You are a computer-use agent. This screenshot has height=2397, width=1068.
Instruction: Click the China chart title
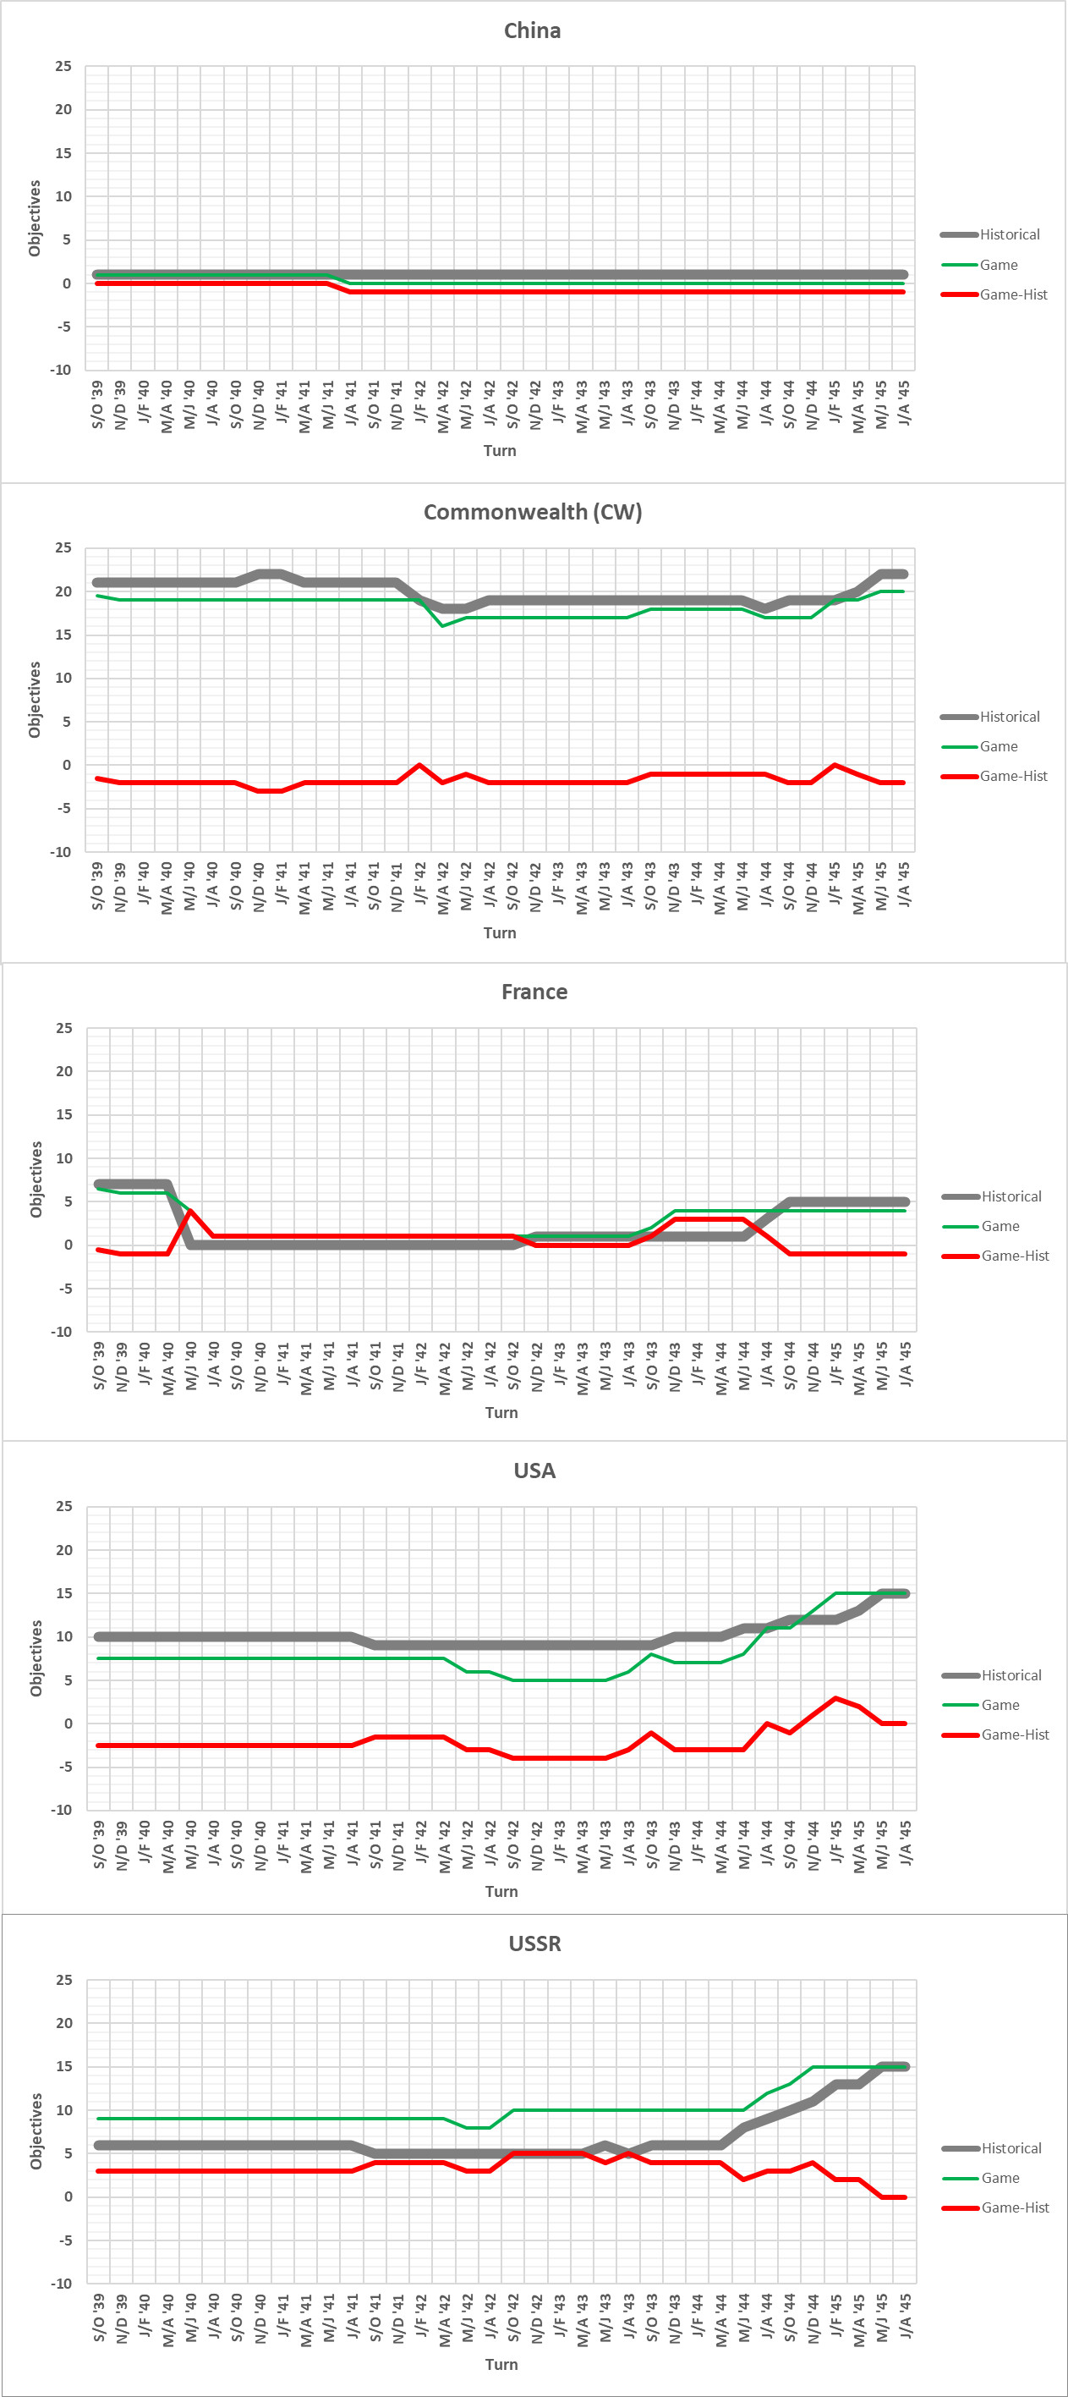(x=532, y=30)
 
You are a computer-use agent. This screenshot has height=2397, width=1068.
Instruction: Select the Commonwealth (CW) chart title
(x=532, y=512)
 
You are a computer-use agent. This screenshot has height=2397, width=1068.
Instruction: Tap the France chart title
(x=534, y=992)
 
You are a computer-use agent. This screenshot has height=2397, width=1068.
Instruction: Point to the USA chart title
(x=534, y=1471)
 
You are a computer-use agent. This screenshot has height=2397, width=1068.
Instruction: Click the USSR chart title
(x=534, y=1943)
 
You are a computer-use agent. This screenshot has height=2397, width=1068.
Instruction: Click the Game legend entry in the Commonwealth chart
(x=998, y=746)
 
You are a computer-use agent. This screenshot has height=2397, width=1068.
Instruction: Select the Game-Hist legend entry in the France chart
(x=1015, y=1256)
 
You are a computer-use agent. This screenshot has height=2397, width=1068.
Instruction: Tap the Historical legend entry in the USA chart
(x=1011, y=1675)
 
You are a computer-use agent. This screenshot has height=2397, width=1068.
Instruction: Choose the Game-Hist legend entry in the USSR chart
(x=1015, y=2207)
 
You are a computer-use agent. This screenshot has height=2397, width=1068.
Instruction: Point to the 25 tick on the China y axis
(x=63, y=66)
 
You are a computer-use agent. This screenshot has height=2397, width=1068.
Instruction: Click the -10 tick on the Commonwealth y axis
(x=61, y=851)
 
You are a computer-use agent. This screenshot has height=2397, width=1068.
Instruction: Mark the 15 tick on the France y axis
(x=63, y=1115)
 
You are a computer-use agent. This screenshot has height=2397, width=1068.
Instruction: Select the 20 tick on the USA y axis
(x=63, y=1550)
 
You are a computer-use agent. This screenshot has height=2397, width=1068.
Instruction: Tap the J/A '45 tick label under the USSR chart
(x=905, y=2315)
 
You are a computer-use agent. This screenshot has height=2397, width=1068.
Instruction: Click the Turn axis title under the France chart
(x=501, y=1412)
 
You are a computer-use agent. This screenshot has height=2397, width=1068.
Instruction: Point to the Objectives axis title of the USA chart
(x=36, y=1658)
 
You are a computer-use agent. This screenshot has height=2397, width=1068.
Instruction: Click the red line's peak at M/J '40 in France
(x=191, y=1211)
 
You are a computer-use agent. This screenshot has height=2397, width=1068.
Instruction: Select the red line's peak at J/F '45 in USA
(x=836, y=1698)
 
